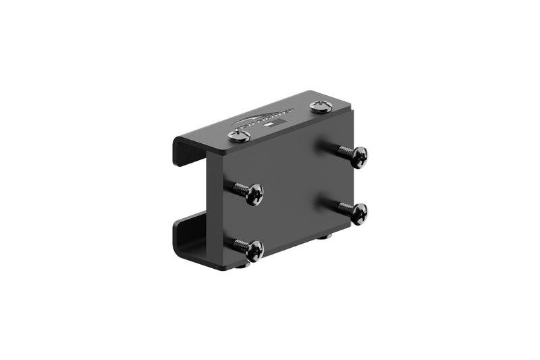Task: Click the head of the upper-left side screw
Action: click(x=254, y=195)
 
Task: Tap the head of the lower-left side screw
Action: click(x=254, y=251)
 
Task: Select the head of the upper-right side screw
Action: click(x=358, y=157)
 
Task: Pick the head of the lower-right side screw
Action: click(x=358, y=213)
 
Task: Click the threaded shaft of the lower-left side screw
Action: click(x=238, y=245)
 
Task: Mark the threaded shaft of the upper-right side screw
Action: click(x=341, y=151)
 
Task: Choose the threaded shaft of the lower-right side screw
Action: click(x=341, y=207)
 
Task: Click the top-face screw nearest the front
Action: click(x=239, y=136)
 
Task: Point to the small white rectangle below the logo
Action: click(x=268, y=126)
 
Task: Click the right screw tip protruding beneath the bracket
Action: click(x=325, y=236)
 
